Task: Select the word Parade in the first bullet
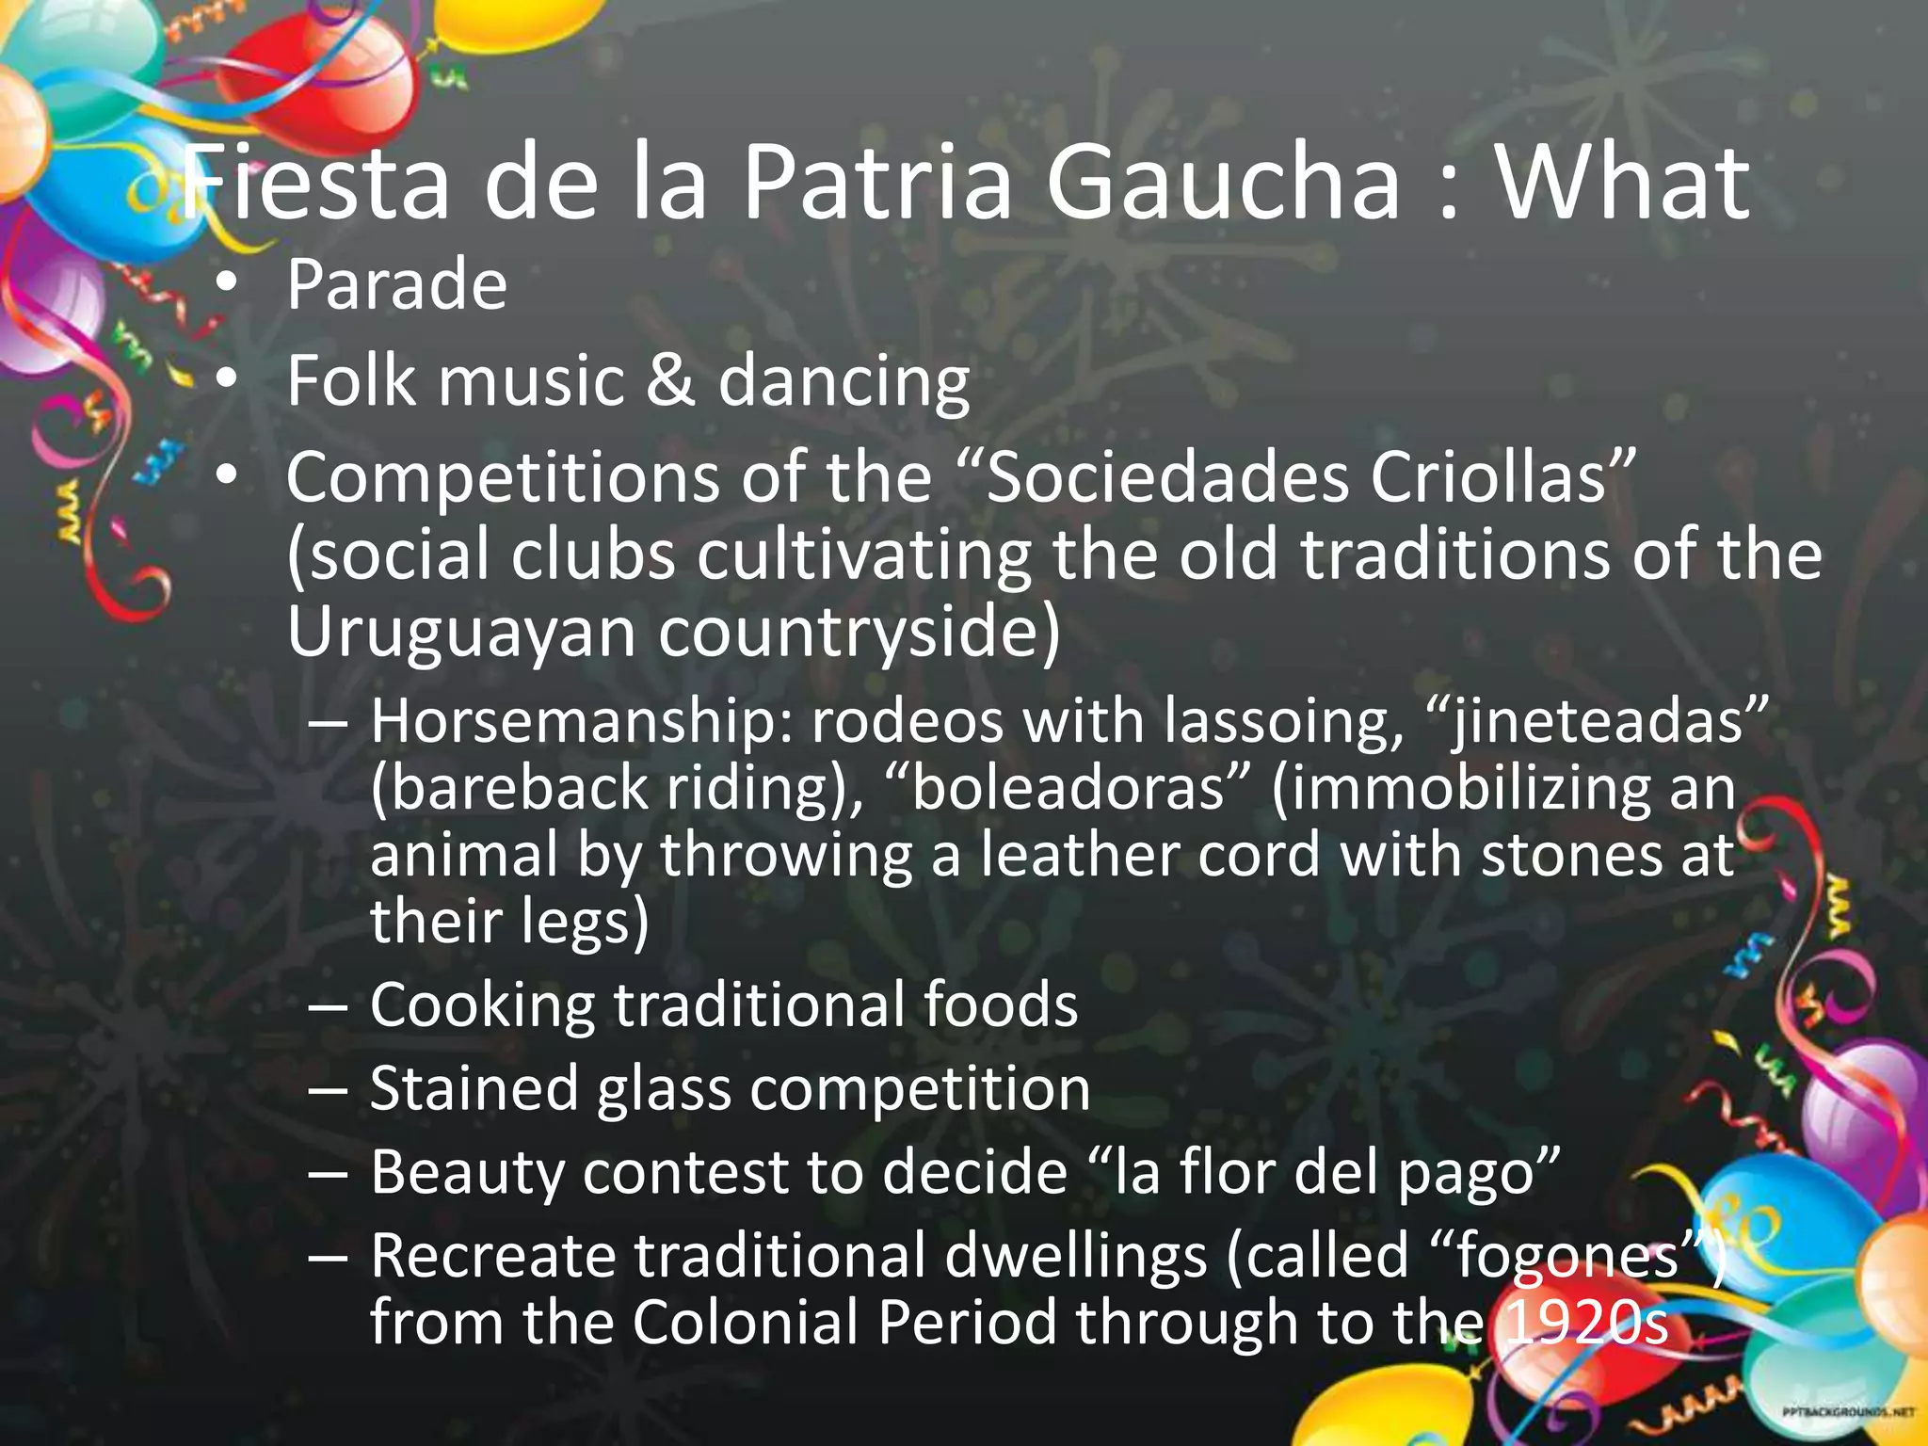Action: pyautogui.click(x=396, y=285)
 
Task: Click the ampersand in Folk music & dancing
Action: pyautogui.click(x=669, y=381)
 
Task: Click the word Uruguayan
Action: pyautogui.click(x=461, y=633)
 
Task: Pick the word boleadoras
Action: pyautogui.click(x=1068, y=789)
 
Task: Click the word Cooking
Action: pyautogui.click(x=481, y=1005)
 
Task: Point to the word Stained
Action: pyautogui.click(x=472, y=1089)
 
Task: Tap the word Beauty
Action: pyautogui.click(x=465, y=1174)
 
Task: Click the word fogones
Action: pyautogui.click(x=1566, y=1258)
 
